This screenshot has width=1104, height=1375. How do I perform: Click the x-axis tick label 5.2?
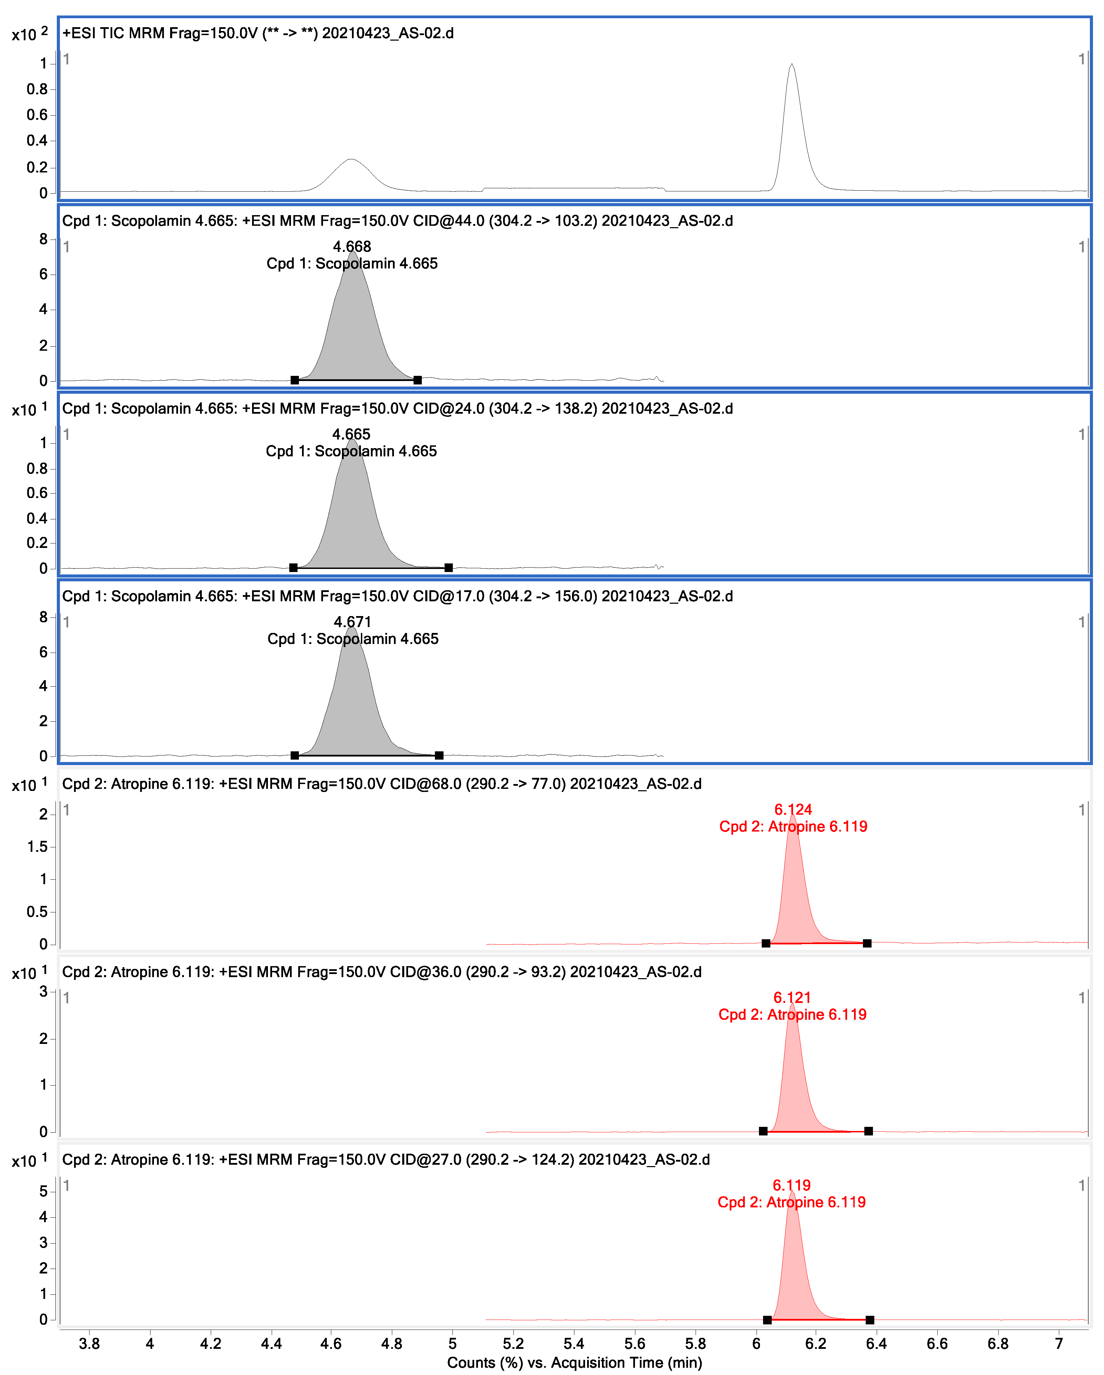513,1344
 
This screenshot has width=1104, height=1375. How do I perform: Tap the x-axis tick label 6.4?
876,1344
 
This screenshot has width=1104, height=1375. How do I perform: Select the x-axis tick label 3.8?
89,1344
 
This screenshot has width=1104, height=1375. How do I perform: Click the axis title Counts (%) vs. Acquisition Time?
574,1363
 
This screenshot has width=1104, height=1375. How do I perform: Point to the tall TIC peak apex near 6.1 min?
792,64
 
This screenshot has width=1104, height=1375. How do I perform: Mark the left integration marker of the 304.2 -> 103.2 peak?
295,380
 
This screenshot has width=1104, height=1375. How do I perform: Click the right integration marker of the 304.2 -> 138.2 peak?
449,568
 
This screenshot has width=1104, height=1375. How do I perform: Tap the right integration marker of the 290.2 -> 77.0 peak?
867,943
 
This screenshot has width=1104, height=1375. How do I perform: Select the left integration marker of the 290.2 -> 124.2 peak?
767,1320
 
